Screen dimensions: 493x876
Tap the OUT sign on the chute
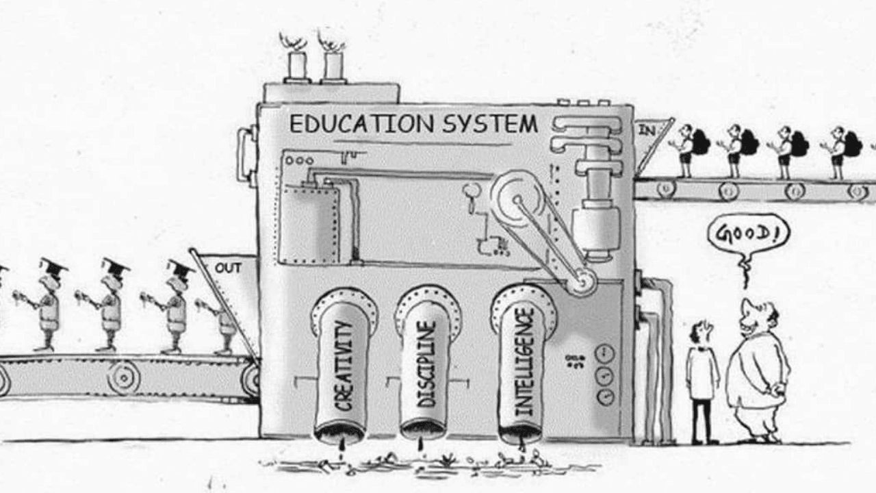tap(228, 268)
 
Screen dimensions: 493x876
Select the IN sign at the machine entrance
tap(646, 129)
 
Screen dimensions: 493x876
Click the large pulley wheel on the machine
tap(517, 199)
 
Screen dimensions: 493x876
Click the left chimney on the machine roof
tap(297, 66)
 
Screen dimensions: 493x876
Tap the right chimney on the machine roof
tap(334, 66)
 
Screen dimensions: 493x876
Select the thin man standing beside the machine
tap(701, 380)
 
